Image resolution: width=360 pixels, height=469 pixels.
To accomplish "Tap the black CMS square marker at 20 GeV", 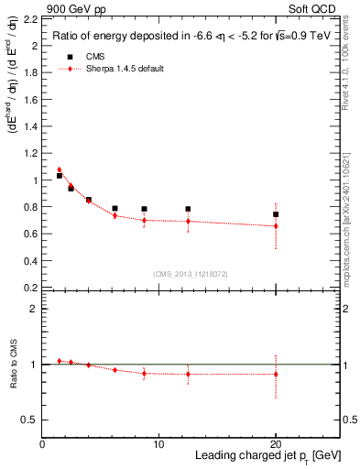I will point(276,214).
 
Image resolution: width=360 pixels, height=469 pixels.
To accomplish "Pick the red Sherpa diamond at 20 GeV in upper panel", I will point(276,225).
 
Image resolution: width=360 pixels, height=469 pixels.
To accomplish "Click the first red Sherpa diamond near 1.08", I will point(60,169).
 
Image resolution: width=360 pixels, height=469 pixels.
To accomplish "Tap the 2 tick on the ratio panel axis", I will point(35,309).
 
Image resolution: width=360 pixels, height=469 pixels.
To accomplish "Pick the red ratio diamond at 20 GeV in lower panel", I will point(276,374).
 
